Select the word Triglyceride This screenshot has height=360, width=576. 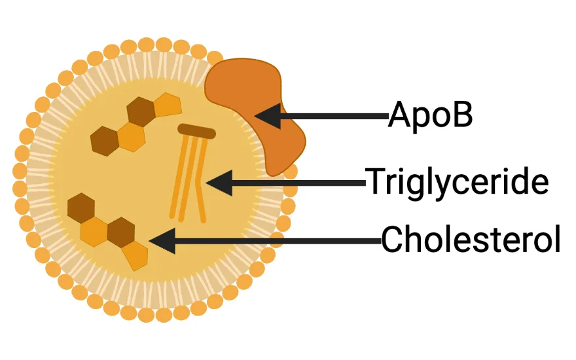pyautogui.click(x=456, y=183)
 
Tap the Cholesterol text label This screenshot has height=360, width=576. pyautogui.click(x=471, y=240)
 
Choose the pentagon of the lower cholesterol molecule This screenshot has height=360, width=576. pyautogui.click(x=137, y=256)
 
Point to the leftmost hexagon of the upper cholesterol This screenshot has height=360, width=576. pyautogui.click(x=103, y=140)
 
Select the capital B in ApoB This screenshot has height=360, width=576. pyautogui.click(x=462, y=116)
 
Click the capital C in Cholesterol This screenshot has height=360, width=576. pyautogui.click(x=392, y=240)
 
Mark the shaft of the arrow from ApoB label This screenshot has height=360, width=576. pyautogui.click(x=334, y=117)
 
